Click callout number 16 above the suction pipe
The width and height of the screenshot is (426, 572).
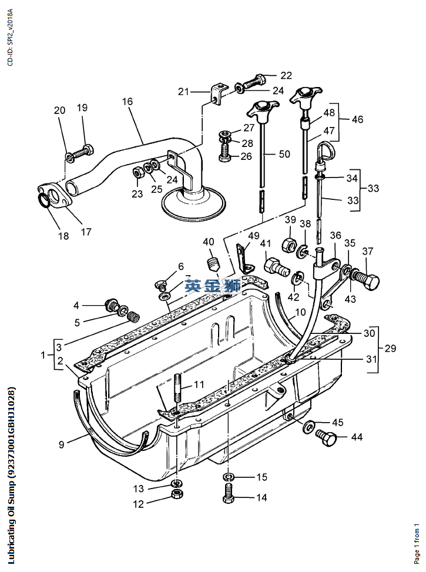coord(128,101)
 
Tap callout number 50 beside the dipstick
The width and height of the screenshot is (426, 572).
coord(284,154)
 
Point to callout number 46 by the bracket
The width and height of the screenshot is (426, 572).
coord(357,119)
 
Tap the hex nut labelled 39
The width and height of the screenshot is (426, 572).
coord(290,244)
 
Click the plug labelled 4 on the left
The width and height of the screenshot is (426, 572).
coord(109,306)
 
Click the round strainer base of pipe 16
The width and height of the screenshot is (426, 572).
coord(193,203)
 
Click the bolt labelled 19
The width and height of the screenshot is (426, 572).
coord(83,150)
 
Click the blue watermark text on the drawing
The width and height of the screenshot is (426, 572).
coord(212,286)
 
